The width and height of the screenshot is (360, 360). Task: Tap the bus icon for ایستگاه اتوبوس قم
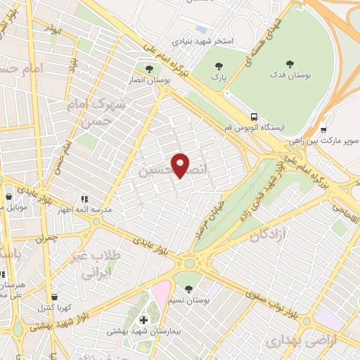tap(255, 117)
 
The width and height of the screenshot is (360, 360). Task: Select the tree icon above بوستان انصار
tap(149, 68)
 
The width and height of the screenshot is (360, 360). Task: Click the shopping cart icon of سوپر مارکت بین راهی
tap(323, 129)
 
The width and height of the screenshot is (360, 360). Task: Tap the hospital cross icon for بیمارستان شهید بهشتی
tap(144, 320)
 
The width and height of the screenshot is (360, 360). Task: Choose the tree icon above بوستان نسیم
tap(188, 288)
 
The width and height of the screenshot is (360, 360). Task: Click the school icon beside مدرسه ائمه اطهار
tap(84, 200)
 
